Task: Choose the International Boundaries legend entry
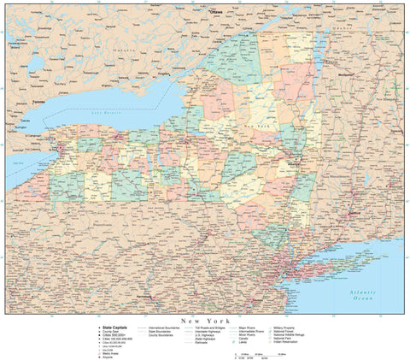click(167, 327)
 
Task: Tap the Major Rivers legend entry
click(261, 327)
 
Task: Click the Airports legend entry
click(107, 356)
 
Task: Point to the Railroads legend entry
click(208, 344)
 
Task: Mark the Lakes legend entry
click(259, 344)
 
